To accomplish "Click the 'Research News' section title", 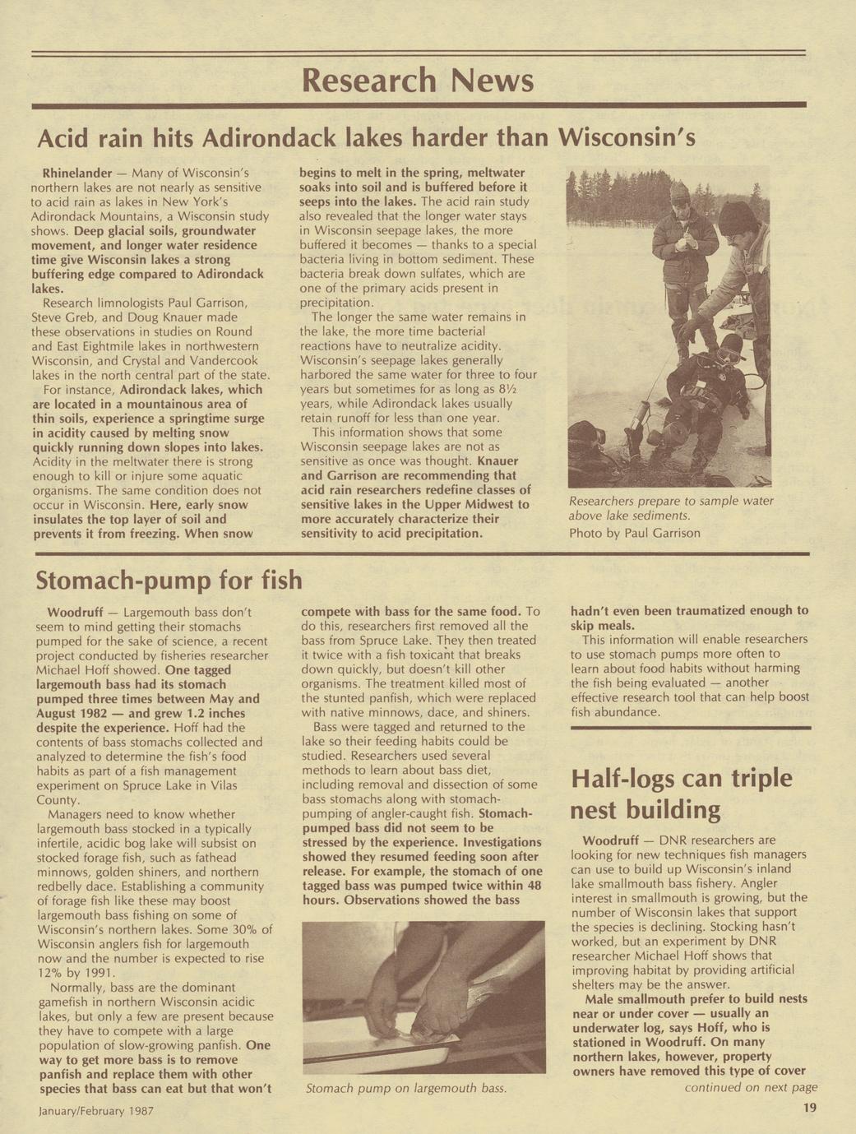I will point(418,81).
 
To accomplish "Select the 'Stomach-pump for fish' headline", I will point(169,581).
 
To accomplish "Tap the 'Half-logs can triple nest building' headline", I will point(681,794).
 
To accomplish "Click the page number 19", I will point(809,1109).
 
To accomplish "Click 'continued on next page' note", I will point(751,1087).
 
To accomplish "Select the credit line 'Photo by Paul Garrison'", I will point(634,533).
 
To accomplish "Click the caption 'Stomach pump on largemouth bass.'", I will point(405,1089).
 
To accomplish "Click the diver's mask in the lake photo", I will point(728,353).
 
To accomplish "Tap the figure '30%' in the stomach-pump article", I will point(246,929).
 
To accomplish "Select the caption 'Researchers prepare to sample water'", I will point(671,501).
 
